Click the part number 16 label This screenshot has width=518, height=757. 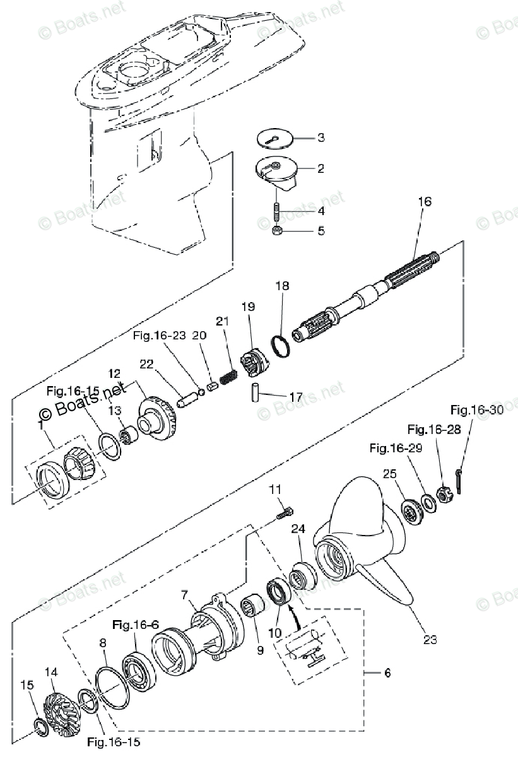[x=425, y=202]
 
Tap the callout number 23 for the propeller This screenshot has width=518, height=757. [x=430, y=639]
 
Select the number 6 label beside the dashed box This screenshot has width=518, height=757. [x=387, y=673]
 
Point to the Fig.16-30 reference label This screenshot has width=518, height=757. [x=478, y=410]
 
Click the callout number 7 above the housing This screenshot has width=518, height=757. [x=184, y=595]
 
